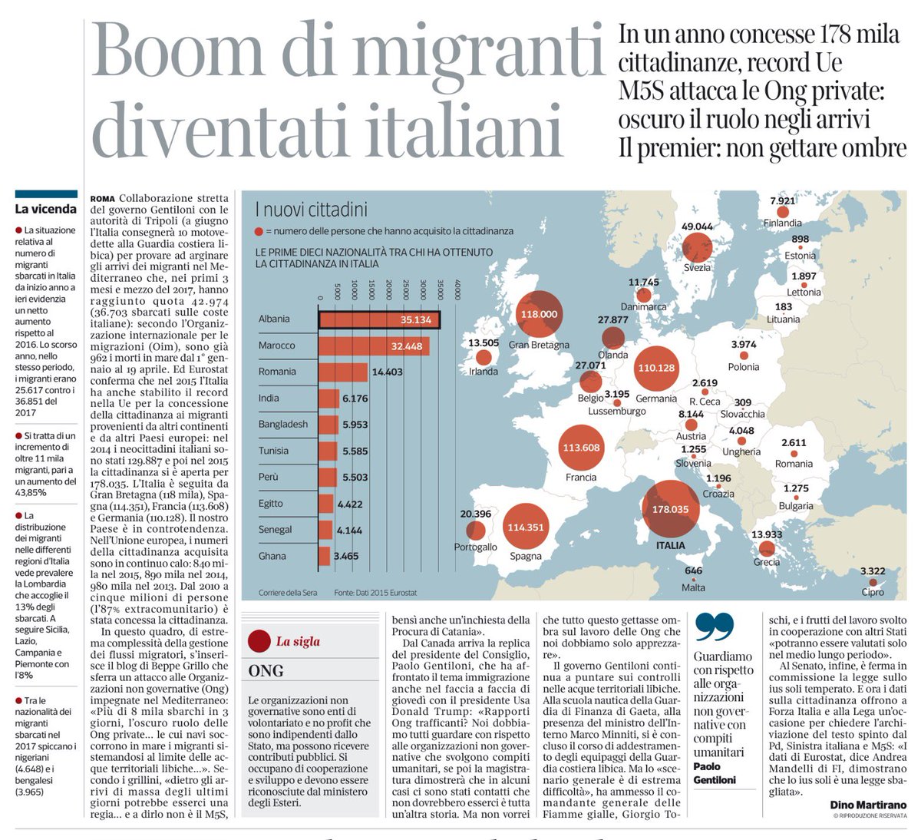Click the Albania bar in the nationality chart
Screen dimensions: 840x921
click(379, 319)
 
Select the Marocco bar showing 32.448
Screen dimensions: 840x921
click(374, 346)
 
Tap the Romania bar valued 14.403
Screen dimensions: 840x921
click(344, 372)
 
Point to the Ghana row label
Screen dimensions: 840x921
click(272, 556)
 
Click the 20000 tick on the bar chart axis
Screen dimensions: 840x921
click(389, 291)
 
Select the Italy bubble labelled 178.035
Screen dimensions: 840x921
click(670, 508)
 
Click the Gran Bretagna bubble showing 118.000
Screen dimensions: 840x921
click(539, 314)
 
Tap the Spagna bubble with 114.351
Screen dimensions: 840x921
click(526, 527)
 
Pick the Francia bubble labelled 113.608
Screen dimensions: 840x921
click(581, 448)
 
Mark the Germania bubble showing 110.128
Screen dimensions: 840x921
click(656, 368)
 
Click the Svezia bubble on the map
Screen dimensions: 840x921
click(697, 247)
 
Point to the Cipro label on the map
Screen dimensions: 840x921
click(873, 592)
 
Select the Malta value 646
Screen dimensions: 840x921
click(693, 570)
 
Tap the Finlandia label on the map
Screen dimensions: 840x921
click(782, 223)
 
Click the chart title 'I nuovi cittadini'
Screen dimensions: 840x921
click(311, 209)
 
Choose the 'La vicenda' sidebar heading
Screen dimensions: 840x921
click(46, 209)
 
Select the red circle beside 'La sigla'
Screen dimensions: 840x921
click(259, 641)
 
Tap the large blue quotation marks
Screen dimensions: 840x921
click(715, 628)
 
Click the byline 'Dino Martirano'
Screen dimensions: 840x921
click(868, 805)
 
